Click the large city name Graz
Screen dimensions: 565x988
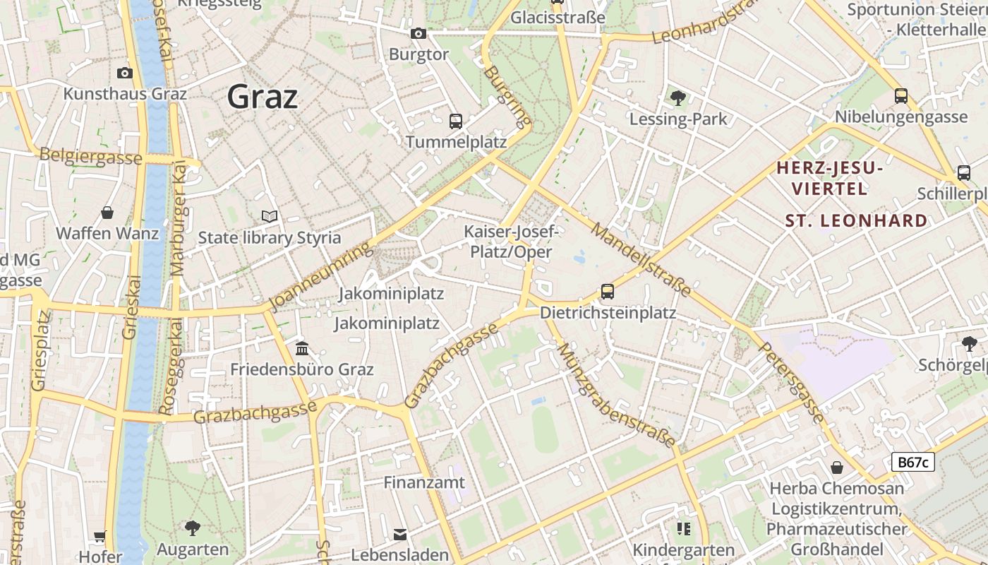click(262, 96)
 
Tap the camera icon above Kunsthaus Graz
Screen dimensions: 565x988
click(125, 73)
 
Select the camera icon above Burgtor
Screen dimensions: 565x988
click(418, 33)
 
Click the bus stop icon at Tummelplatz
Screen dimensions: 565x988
click(455, 121)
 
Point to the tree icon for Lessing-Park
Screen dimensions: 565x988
click(678, 98)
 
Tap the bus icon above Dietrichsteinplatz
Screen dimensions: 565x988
click(607, 291)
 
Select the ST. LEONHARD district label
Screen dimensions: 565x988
click(856, 220)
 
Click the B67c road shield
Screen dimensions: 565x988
click(912, 462)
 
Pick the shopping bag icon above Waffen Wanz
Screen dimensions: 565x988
click(107, 213)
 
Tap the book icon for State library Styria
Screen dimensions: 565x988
click(269, 216)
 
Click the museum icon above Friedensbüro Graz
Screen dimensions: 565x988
click(302, 348)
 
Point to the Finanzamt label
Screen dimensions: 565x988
click(424, 482)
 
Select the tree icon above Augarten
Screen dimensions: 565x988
click(192, 528)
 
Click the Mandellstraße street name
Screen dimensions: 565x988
click(641, 259)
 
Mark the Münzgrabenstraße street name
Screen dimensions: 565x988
click(615, 395)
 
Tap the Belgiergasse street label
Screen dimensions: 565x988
click(90, 157)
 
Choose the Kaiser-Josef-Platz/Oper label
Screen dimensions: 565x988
click(511, 242)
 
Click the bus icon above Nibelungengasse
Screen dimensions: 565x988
click(900, 95)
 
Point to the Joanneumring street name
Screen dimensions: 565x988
click(321, 276)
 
